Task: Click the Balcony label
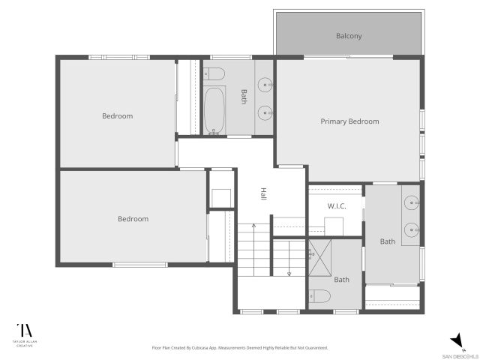349,35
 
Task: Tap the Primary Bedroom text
349,121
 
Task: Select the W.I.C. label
336,205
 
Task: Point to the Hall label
264,193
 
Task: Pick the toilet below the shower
317,296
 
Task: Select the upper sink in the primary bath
411,202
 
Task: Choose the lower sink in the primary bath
411,229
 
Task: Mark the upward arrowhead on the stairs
254,225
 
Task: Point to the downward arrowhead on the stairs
289,274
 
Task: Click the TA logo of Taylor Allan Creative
25,331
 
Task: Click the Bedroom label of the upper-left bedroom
118,115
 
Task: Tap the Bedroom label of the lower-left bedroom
133,219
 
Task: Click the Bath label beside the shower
341,280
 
